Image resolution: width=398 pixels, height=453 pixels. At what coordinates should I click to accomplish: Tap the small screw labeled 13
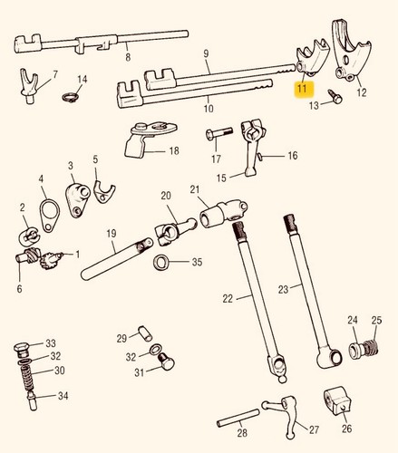click(335, 96)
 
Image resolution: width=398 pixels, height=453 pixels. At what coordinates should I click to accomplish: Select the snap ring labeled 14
click(70, 97)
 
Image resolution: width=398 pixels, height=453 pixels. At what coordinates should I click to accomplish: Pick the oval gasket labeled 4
click(49, 215)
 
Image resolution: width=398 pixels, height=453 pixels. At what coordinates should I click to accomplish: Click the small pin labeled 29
click(145, 333)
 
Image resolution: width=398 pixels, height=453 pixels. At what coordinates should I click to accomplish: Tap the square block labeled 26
click(337, 402)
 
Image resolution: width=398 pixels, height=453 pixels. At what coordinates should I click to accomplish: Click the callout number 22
click(228, 299)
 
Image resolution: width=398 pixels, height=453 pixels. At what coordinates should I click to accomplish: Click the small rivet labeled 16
click(260, 156)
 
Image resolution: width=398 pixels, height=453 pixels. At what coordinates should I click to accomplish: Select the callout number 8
click(128, 56)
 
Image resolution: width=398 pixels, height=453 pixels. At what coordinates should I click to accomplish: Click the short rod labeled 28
click(238, 418)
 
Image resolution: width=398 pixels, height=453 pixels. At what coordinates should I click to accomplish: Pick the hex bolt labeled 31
click(166, 361)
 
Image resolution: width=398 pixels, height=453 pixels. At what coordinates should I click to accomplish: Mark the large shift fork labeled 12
click(352, 54)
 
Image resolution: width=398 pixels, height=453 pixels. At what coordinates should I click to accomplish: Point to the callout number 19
click(112, 234)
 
